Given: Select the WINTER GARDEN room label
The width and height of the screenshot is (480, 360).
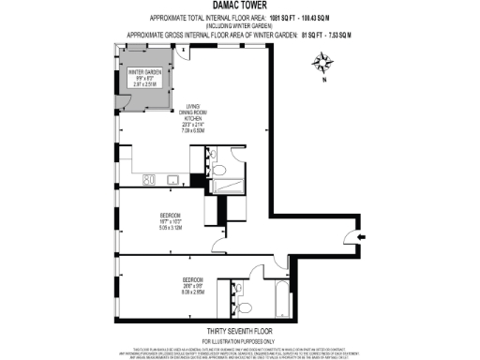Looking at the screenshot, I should coord(145,71).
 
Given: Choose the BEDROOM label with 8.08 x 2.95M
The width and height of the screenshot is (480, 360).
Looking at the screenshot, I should coord(194,279).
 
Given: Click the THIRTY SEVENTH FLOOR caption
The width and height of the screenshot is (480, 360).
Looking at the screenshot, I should coord(239,331).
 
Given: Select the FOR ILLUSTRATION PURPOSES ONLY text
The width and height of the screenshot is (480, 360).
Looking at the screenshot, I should coord(239,339).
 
